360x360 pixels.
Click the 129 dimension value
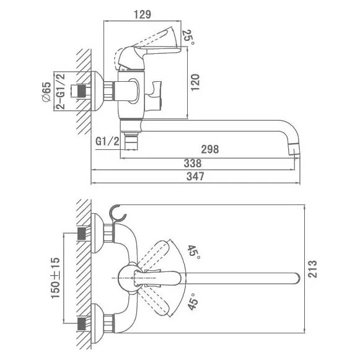coord(143,14)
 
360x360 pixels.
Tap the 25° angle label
coord(188,37)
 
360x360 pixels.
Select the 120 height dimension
coord(195,82)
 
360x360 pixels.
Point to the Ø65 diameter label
coord(46,92)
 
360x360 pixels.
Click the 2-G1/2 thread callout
coord(61,91)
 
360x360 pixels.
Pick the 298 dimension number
coord(210,149)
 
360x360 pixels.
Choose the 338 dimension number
coord(193,164)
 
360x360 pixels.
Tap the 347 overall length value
coord(195,177)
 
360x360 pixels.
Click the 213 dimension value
coord(312,269)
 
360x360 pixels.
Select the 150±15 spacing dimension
coord(55,278)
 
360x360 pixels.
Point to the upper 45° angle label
coord(193,252)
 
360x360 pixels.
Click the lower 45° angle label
coord(192,302)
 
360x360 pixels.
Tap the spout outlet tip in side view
coord(294,149)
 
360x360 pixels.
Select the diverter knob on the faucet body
coord(154,96)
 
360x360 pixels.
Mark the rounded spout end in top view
coord(296,278)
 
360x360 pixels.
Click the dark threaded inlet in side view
coord(82,91)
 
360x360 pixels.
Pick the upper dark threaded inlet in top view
coord(82,234)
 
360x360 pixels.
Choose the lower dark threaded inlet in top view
coord(82,324)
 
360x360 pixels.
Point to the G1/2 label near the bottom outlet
coord(107,141)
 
